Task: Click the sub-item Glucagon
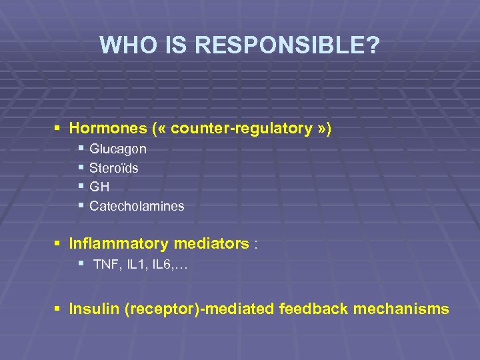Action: (x=118, y=149)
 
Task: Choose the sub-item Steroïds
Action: (x=114, y=168)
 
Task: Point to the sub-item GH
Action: (x=99, y=187)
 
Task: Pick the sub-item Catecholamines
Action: (x=137, y=207)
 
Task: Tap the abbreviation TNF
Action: (x=105, y=265)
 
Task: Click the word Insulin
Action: (x=94, y=309)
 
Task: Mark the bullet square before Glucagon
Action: (x=81, y=149)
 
